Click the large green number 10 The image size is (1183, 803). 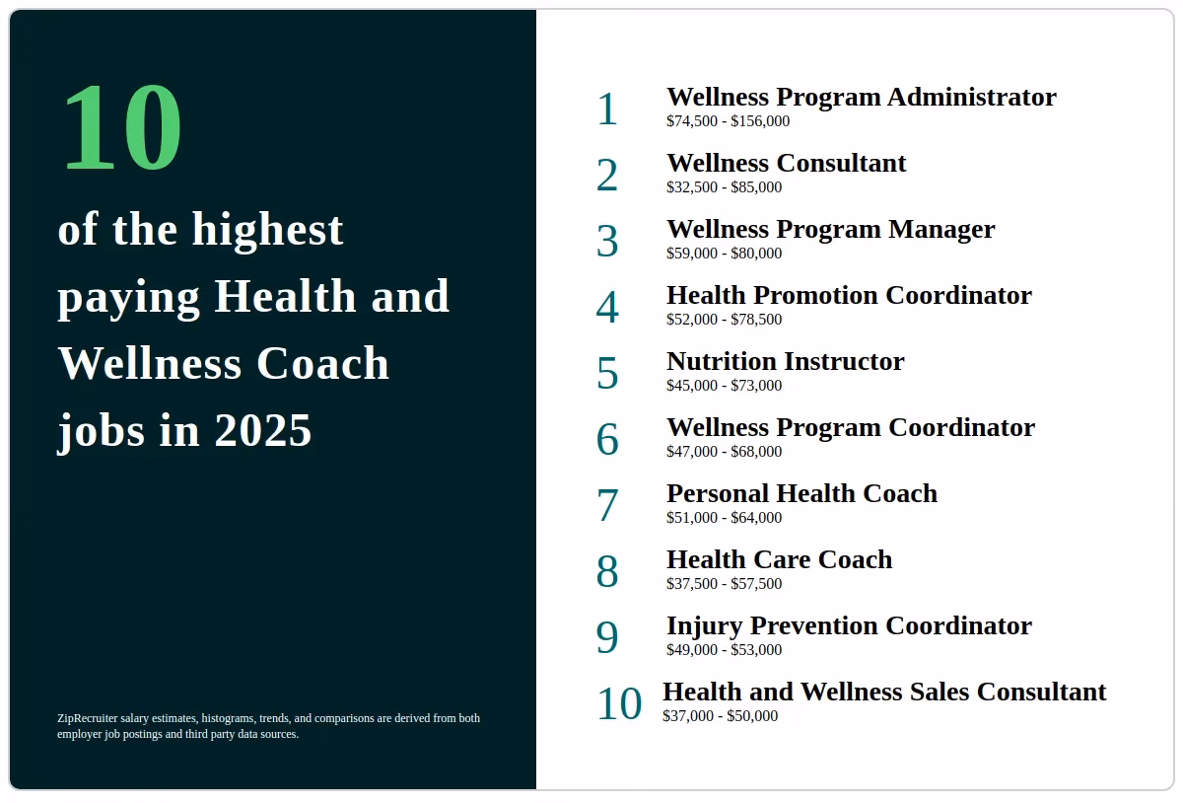121,128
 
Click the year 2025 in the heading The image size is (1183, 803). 263,430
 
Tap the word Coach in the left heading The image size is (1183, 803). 322,363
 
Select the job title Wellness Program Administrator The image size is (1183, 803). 861,97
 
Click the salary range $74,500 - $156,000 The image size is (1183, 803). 728,121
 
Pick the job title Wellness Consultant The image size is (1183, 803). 786,163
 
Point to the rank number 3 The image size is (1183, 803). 607,242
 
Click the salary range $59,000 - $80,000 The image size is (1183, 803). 724,254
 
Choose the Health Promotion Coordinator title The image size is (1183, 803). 849,295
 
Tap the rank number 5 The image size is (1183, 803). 607,374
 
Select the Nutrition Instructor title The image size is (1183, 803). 785,361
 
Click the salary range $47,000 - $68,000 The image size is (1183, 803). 724,452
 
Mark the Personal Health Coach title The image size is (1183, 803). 801,493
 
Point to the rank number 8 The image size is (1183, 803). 607,572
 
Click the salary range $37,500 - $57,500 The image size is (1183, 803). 724,584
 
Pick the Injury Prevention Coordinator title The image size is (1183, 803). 849,625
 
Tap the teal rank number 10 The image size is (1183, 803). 619,704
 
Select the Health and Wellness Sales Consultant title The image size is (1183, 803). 884,692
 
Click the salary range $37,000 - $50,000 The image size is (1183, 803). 720,716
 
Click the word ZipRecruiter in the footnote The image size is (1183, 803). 88,718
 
